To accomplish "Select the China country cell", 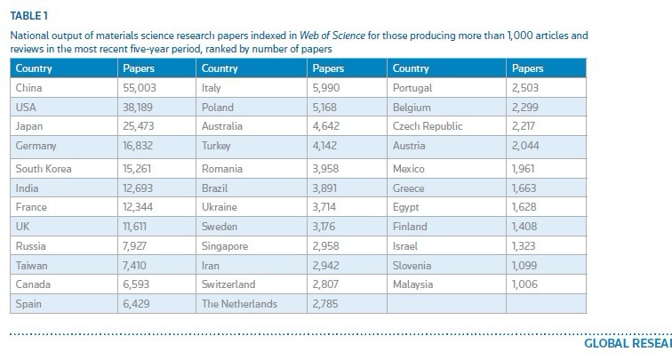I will click(29, 87).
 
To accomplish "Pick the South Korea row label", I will click(44, 168).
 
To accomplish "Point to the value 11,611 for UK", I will click(136, 226).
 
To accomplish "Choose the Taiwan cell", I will click(32, 265).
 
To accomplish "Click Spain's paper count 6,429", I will click(136, 303).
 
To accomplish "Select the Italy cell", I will click(212, 87).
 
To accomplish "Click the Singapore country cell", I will click(225, 245).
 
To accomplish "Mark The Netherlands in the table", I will click(239, 303).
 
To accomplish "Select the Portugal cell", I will click(412, 87).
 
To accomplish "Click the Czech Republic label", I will click(427, 126).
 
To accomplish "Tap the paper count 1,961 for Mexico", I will click(525, 168).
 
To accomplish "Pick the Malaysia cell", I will click(412, 284).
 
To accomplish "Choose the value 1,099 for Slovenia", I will click(525, 265).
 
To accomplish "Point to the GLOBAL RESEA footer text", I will click(627, 343).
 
